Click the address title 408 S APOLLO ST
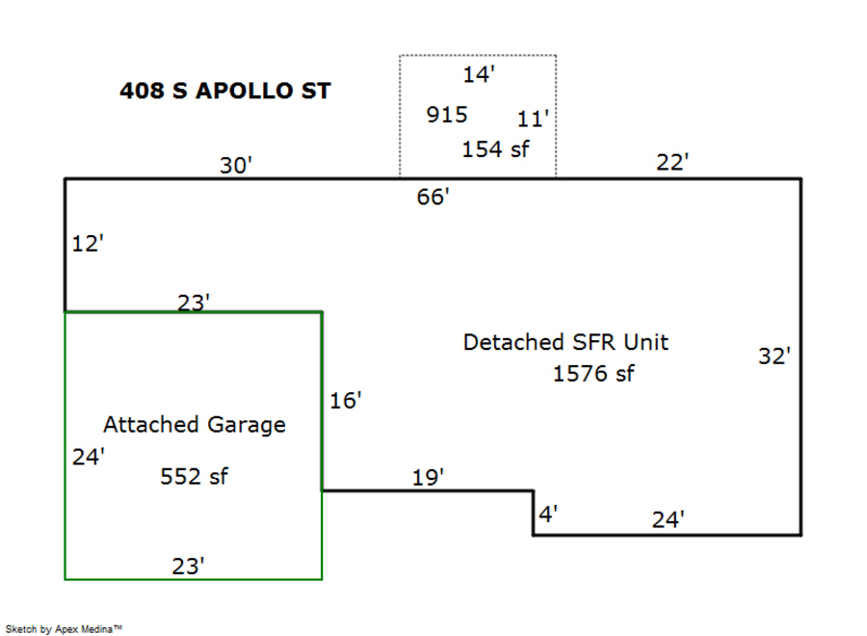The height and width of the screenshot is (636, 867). [225, 91]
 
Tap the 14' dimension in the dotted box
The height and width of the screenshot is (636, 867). [478, 74]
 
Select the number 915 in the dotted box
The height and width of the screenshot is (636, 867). [447, 115]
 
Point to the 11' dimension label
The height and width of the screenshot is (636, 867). [533, 119]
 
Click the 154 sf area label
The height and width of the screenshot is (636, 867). [495, 149]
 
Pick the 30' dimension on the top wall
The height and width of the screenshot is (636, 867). [236, 166]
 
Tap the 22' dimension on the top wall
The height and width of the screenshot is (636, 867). [672, 162]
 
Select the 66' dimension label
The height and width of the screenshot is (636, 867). [433, 197]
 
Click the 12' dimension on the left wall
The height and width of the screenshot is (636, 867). [88, 244]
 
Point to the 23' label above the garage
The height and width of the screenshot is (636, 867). [194, 303]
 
